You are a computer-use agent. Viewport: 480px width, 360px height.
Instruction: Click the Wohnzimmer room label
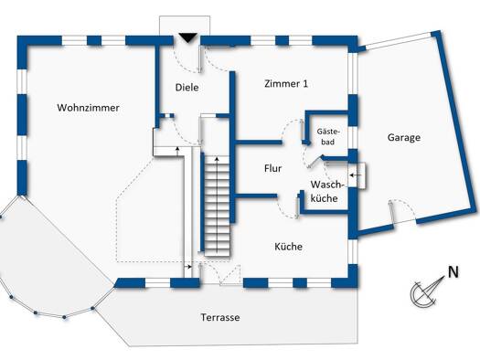88,108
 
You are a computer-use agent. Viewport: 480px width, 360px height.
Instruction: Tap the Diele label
187,88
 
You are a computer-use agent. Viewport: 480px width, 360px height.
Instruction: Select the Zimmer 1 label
286,83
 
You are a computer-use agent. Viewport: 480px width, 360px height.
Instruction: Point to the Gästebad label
328,137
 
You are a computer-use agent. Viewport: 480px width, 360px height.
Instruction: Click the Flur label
272,168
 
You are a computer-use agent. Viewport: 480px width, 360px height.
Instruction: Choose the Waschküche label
325,192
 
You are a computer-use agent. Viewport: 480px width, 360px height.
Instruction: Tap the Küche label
288,247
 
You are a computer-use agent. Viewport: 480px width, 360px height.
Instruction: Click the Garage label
404,137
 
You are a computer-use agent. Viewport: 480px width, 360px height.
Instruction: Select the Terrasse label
220,317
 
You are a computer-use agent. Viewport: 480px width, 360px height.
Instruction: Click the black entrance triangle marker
187,38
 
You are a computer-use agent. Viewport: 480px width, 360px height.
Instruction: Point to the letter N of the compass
453,272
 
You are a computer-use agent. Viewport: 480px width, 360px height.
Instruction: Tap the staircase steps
217,206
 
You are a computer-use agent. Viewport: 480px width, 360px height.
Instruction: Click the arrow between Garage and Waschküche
356,175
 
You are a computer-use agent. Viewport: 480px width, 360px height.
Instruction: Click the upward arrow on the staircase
217,204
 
